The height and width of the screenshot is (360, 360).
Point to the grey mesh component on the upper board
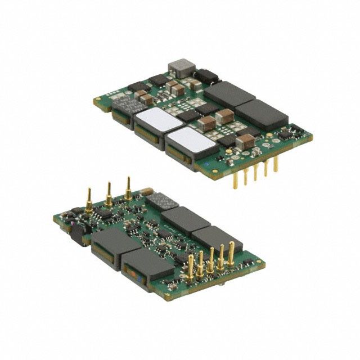pyautogui.click(x=128, y=106)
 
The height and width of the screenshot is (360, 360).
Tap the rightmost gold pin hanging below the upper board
pyautogui.click(x=276, y=164)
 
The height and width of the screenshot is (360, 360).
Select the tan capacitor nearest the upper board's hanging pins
pyautogui.click(x=245, y=141)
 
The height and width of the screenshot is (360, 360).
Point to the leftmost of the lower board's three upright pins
pyautogui.click(x=89, y=201)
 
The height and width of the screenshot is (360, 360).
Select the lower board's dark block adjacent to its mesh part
pyautogui.click(x=185, y=219)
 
